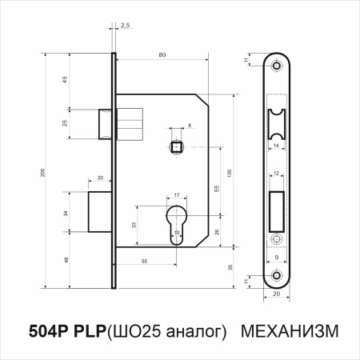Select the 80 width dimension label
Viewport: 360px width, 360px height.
coord(163,55)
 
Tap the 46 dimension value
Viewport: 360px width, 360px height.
coord(63,81)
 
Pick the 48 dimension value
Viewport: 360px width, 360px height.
coord(64,259)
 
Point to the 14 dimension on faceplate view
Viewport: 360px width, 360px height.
coord(277,146)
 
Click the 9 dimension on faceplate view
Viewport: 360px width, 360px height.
coord(277,258)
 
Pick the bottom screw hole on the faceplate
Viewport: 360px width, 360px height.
coord(277,276)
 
